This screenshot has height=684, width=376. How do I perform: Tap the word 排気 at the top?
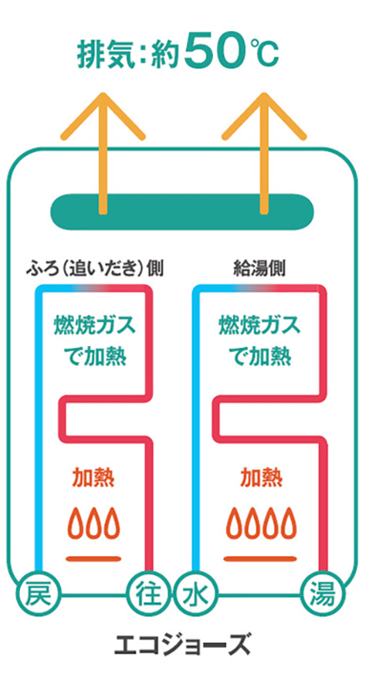(x=105, y=54)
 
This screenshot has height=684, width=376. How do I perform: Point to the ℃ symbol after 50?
(x=263, y=52)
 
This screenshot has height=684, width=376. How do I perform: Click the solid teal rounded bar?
(x=182, y=212)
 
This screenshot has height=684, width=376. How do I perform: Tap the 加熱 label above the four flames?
(x=261, y=478)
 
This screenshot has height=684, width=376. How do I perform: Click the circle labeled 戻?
(x=36, y=594)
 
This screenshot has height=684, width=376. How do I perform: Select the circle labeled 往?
(x=148, y=594)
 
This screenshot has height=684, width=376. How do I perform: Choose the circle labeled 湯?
(x=323, y=594)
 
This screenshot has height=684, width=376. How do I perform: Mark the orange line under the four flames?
(x=261, y=559)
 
